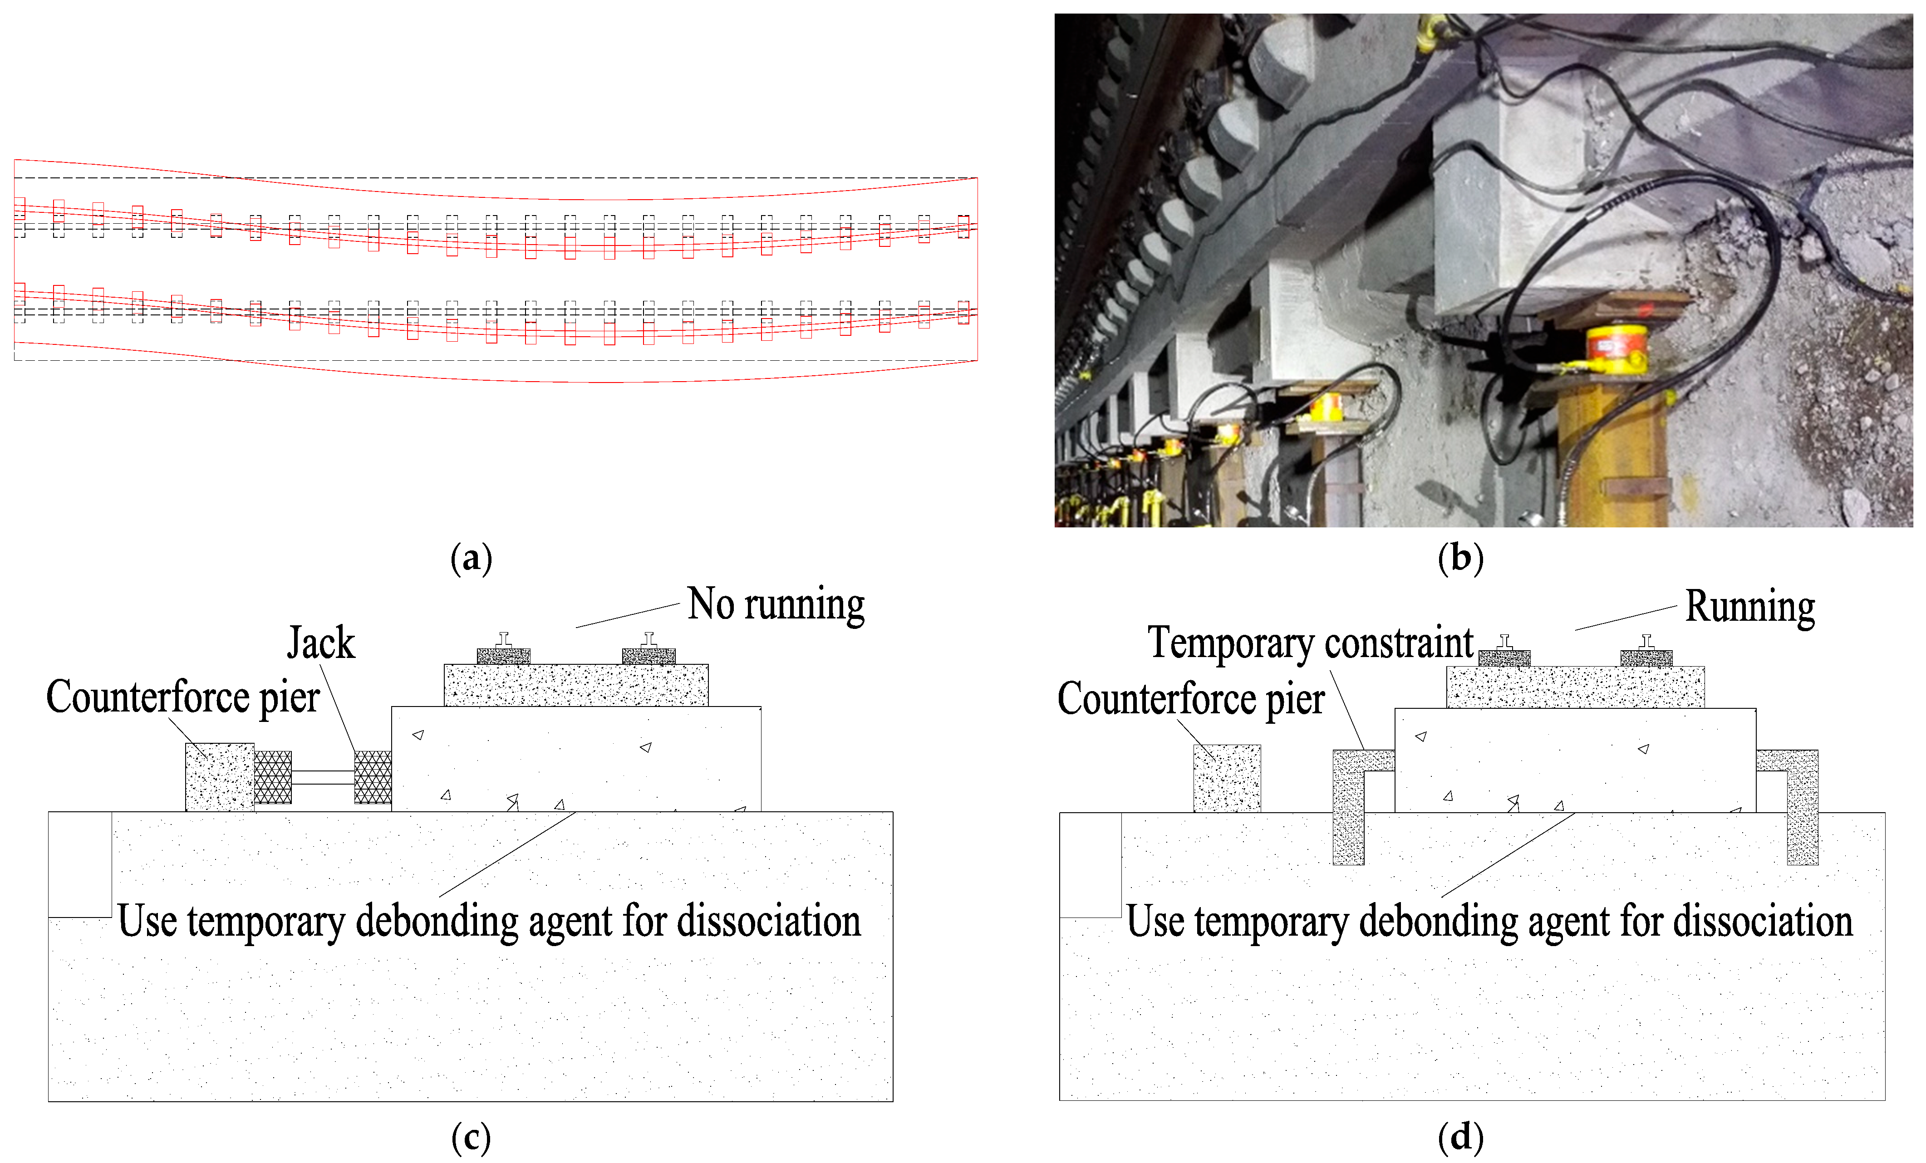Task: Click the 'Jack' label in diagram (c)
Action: [320, 643]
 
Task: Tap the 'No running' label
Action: [776, 604]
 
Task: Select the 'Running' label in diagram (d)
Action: [1749, 607]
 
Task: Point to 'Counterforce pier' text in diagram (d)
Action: [1190, 698]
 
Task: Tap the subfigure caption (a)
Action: [472, 559]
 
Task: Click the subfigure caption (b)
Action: [1460, 559]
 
